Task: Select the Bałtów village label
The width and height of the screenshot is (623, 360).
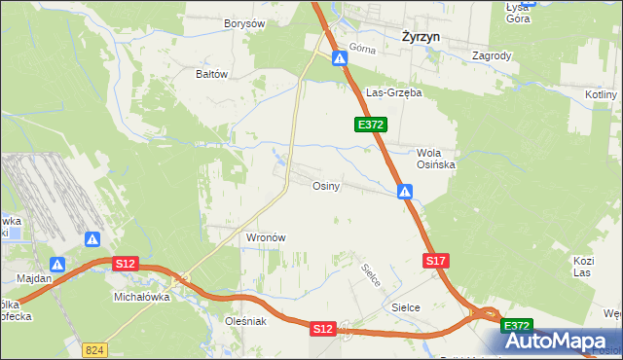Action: [211, 74]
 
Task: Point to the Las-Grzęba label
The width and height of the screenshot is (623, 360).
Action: [392, 93]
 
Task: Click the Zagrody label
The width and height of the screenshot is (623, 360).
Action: [492, 56]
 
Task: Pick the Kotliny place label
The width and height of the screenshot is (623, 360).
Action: [603, 94]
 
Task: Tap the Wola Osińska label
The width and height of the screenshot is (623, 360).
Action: [436, 159]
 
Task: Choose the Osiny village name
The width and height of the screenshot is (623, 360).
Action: [325, 186]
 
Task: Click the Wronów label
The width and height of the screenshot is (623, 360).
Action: [265, 237]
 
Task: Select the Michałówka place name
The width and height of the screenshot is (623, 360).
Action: [142, 297]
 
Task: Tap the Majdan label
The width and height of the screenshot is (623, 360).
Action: [34, 278]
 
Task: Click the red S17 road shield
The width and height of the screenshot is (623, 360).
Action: [436, 261]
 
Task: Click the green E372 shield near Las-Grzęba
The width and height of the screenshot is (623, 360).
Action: [372, 125]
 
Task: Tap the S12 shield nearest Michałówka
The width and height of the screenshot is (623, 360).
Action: [125, 264]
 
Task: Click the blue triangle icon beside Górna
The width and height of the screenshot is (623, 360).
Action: [340, 59]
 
